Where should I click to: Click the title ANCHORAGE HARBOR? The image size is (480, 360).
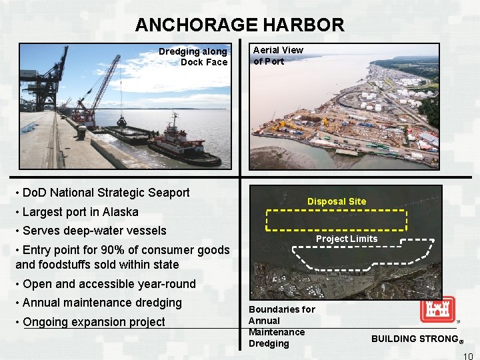[239, 25]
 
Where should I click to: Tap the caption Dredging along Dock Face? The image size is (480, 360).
[193, 57]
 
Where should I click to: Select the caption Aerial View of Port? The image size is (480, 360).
[277, 55]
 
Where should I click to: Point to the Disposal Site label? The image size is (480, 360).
[337, 201]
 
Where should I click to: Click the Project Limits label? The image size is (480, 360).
[347, 239]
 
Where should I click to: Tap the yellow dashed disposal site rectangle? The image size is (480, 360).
[336, 220]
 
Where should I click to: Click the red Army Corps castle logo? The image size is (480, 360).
[437, 309]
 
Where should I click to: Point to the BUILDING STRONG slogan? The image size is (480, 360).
[414, 339]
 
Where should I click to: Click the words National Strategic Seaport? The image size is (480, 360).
[128, 193]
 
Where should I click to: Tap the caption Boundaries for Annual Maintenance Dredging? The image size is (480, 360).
[281, 327]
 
